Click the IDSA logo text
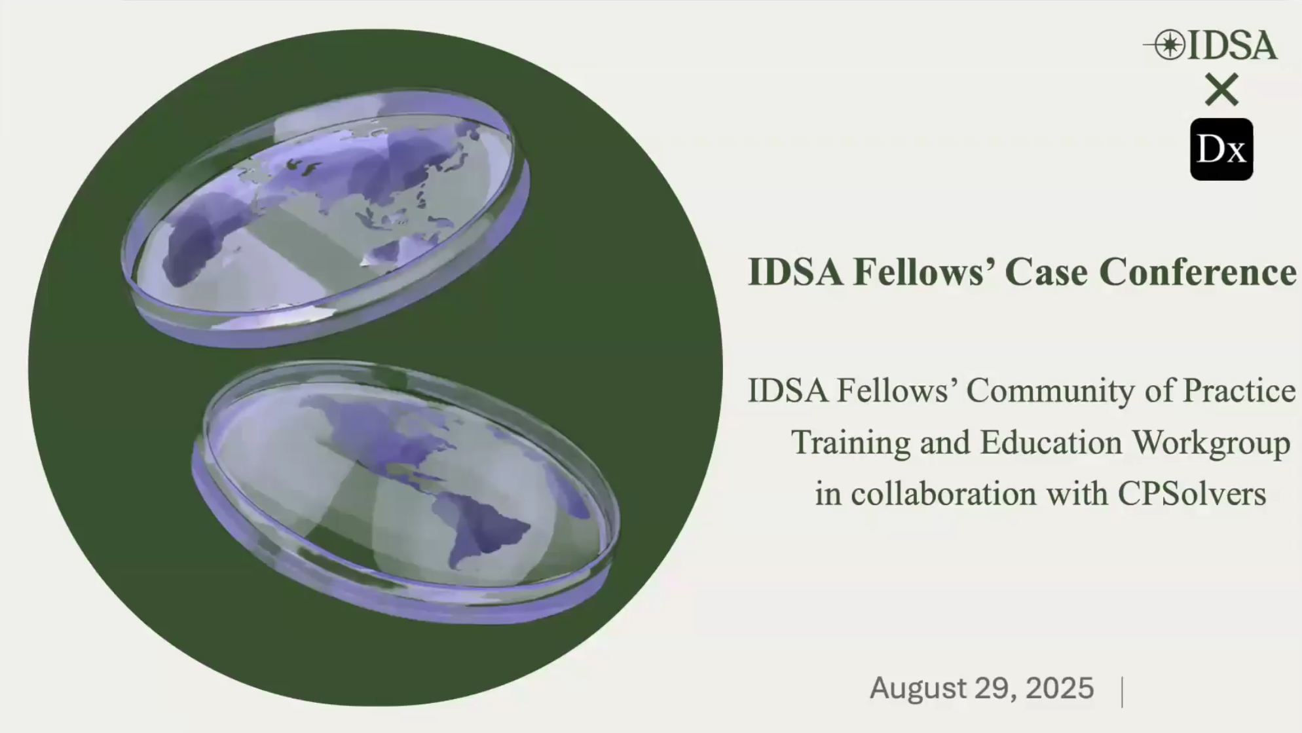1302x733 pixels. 1232,45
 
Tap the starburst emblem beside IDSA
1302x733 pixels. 1170,45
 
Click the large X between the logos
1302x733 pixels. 1221,89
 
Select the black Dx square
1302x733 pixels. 1221,149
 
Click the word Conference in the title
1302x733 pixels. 1197,271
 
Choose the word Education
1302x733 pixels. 1051,442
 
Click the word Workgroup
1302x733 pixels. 1212,443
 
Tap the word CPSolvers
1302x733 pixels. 1192,493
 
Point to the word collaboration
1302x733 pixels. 944,493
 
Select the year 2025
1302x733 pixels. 1060,688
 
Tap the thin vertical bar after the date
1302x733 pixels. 1123,692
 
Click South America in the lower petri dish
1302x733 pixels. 485,531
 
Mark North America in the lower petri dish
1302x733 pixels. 380,432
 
